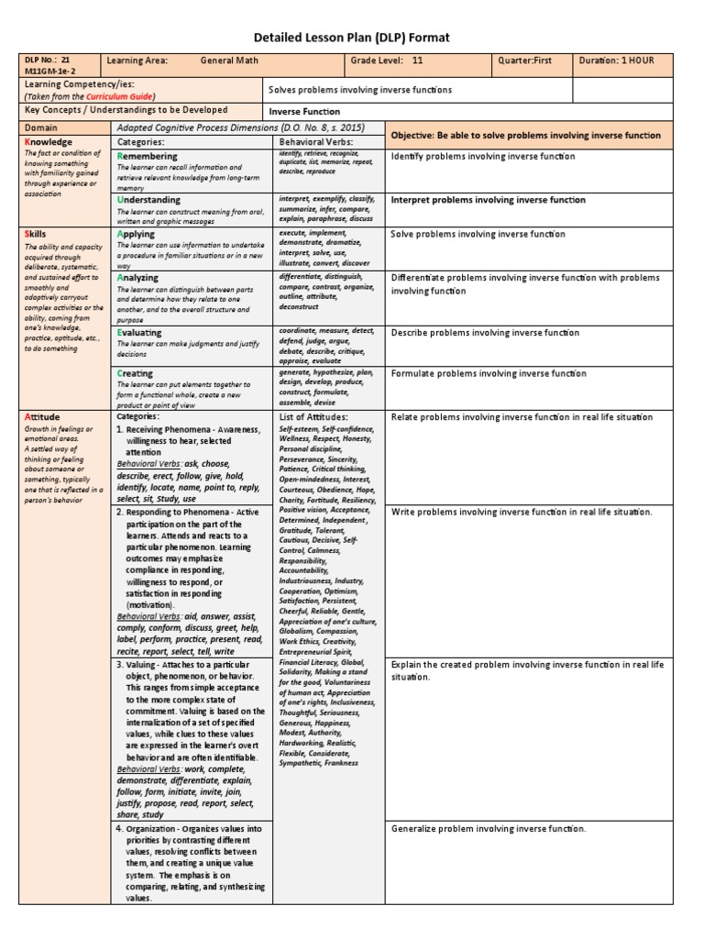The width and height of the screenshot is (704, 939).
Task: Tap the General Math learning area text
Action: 229,61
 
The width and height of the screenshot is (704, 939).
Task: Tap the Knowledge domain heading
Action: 50,142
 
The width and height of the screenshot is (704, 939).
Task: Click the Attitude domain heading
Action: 43,417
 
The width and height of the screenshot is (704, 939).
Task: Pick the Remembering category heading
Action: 148,157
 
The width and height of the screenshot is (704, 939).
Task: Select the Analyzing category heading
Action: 138,278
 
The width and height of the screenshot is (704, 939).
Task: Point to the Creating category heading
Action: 136,373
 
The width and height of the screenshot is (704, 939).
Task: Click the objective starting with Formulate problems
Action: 489,374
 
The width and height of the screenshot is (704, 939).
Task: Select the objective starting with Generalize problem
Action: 488,829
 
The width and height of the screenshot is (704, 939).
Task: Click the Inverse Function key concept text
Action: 303,112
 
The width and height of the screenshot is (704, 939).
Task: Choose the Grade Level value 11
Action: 418,61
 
